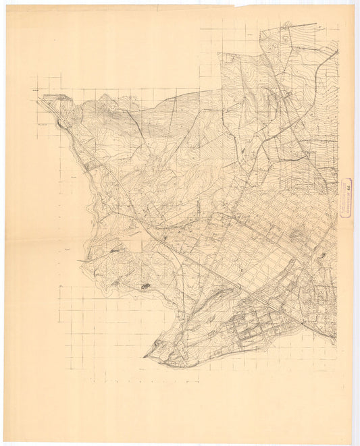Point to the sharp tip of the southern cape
(144, 356)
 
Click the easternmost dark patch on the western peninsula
(145, 287)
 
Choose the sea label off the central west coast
(73, 177)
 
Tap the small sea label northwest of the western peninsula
(68, 248)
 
